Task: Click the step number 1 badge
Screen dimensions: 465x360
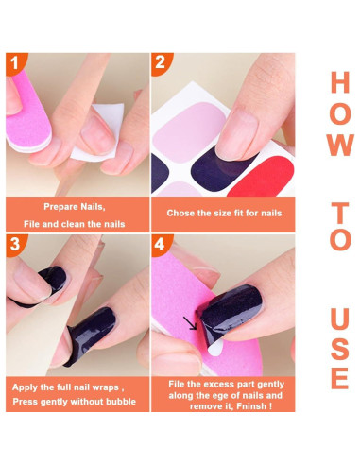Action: click(x=15, y=63)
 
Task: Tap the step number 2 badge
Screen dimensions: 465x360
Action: click(x=162, y=63)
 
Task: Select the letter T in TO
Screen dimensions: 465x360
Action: click(x=339, y=207)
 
